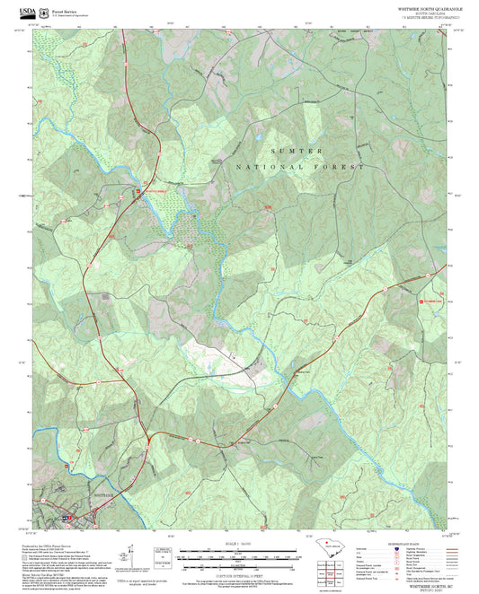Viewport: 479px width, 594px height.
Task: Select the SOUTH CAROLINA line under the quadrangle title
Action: click(430, 13)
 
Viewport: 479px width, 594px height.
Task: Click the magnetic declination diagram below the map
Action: click(161, 556)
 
